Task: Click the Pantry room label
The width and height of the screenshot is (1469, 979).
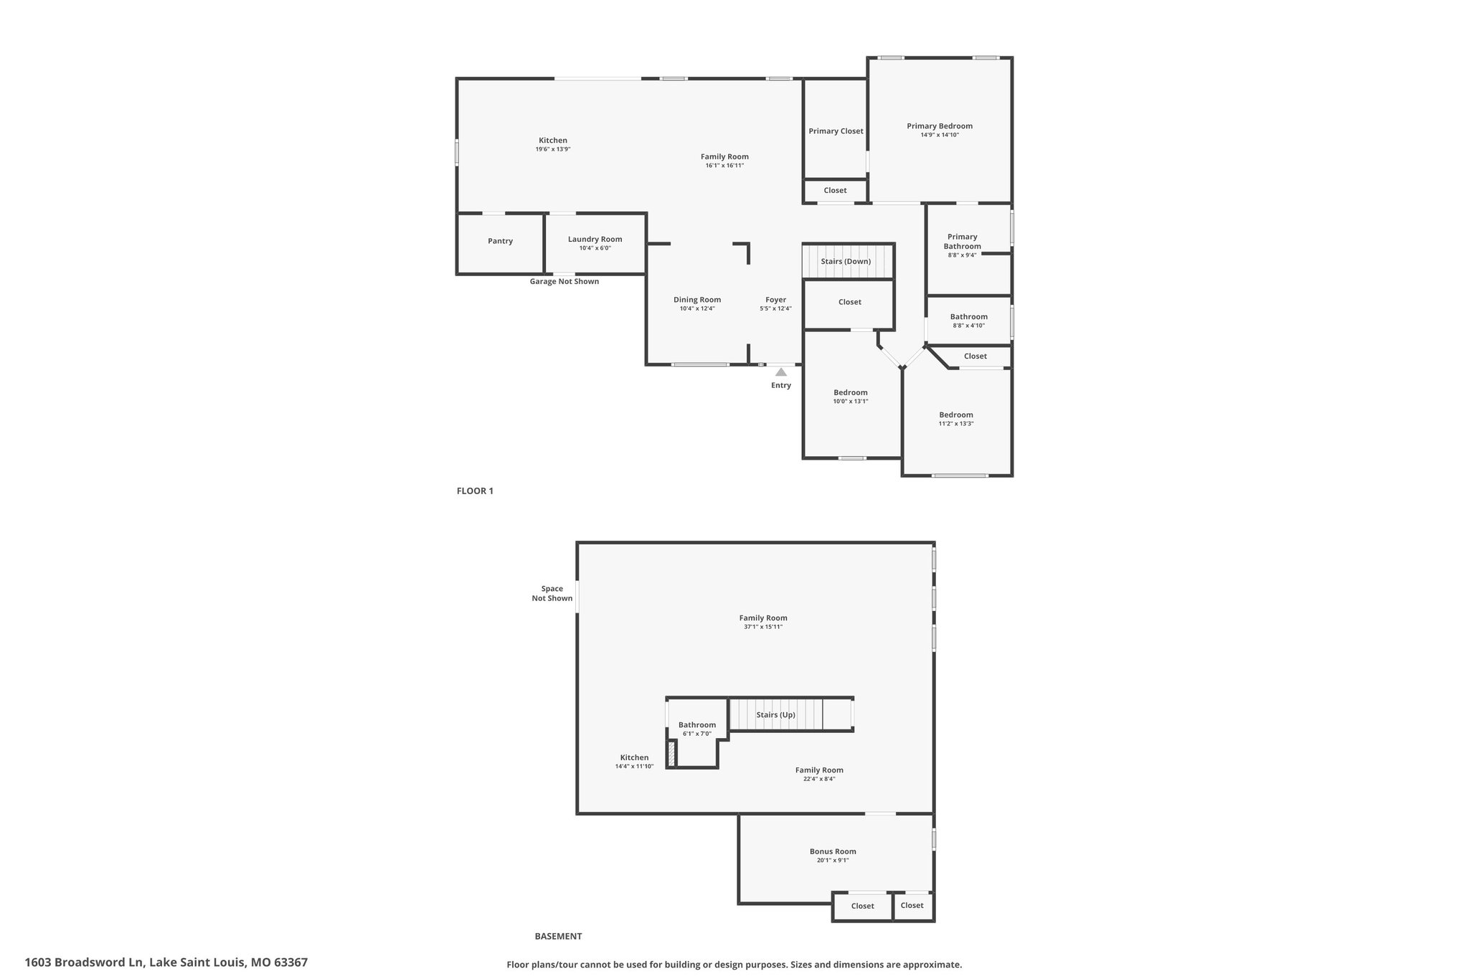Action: [x=500, y=241]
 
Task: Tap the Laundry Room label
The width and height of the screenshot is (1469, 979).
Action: [x=595, y=240]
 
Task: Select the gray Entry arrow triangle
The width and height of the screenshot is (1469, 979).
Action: [x=780, y=372]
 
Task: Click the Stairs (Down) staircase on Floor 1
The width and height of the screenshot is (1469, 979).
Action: [x=847, y=261]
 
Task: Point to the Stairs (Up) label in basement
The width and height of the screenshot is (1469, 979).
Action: [x=775, y=715]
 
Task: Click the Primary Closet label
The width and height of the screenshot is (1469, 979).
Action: [x=836, y=131]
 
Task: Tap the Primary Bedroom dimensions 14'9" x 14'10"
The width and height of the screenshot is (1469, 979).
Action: [x=940, y=135]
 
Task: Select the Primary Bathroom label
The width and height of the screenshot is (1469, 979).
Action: [x=962, y=241]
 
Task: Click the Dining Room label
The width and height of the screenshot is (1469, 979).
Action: [x=697, y=300]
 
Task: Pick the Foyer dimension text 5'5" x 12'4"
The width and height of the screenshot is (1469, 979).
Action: [x=775, y=309]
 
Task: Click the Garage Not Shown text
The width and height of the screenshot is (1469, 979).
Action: [x=565, y=281]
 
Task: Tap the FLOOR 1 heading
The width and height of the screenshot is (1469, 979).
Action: [x=475, y=491]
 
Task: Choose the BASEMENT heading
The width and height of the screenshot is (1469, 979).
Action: [x=558, y=936]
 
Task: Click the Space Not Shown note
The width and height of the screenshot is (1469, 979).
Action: [x=552, y=594]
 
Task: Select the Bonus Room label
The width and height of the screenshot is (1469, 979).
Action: [x=833, y=852]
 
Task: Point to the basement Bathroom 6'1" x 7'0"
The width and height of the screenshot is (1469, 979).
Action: [x=697, y=729]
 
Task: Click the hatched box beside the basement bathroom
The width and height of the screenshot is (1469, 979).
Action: [x=672, y=755]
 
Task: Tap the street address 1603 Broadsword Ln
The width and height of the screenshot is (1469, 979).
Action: [x=85, y=962]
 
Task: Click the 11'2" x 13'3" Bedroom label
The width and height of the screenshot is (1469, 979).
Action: [x=956, y=419]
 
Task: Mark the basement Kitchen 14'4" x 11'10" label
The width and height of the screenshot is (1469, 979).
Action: [x=634, y=762]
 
